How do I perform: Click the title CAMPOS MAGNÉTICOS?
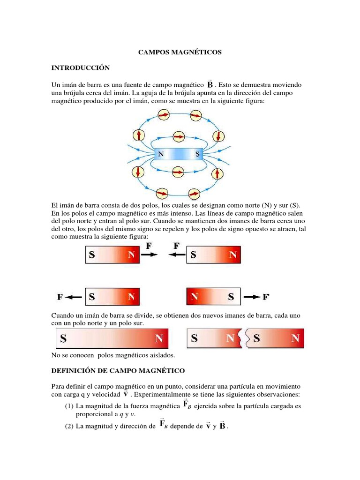(180, 52)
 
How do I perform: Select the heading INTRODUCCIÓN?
(80, 68)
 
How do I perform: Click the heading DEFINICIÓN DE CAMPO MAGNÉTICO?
(118, 370)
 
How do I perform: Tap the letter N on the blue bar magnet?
(161, 153)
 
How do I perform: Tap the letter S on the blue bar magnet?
(197, 153)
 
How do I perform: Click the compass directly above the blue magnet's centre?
(179, 136)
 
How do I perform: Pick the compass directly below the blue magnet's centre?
(179, 172)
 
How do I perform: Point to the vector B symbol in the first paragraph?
(210, 84)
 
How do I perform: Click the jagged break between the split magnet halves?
(244, 338)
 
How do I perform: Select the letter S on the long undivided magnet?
(63, 338)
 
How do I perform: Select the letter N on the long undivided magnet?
(159, 338)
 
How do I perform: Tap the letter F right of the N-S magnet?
(266, 297)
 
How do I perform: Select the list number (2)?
(70, 426)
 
